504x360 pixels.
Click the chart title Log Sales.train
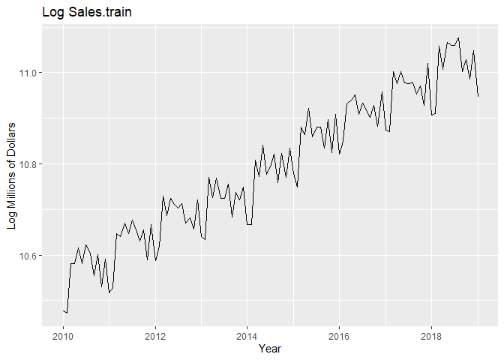pyautogui.click(x=88, y=12)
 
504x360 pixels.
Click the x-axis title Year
pyautogui.click(x=270, y=349)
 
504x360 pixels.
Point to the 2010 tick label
pyautogui.click(x=63, y=334)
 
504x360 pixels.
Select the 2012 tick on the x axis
pyautogui.click(x=155, y=334)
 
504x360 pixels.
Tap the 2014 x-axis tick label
pyautogui.click(x=247, y=334)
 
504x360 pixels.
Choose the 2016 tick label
pyautogui.click(x=340, y=334)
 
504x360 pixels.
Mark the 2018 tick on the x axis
pyautogui.click(x=431, y=334)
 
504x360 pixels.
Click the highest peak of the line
pyautogui.click(x=458, y=37)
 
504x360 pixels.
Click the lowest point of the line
pyautogui.click(x=67, y=313)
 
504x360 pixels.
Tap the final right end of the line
pyautogui.click(x=478, y=96)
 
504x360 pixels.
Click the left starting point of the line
pyautogui.click(x=63, y=310)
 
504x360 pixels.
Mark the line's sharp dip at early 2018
pyautogui.click(x=432, y=115)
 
